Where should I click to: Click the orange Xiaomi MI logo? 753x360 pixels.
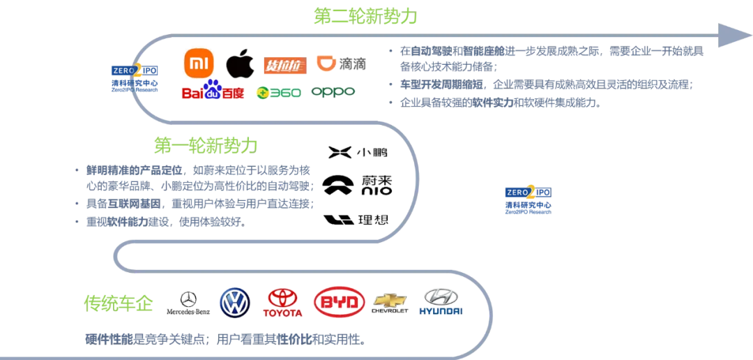pos(199,63)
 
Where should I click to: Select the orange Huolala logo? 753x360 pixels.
pos(284,66)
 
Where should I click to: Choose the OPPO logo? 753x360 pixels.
pos(333,91)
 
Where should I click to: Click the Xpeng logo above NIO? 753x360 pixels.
pos(357,152)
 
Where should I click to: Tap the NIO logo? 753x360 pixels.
pos(357,184)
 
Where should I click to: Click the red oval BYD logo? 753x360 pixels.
pos(339,302)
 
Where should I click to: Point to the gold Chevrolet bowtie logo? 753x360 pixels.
pos(390,303)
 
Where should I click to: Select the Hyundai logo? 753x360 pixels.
pos(442,303)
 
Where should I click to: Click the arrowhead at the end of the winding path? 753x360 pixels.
pos(729,33)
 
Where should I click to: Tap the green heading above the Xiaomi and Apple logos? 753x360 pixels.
pos(365,15)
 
